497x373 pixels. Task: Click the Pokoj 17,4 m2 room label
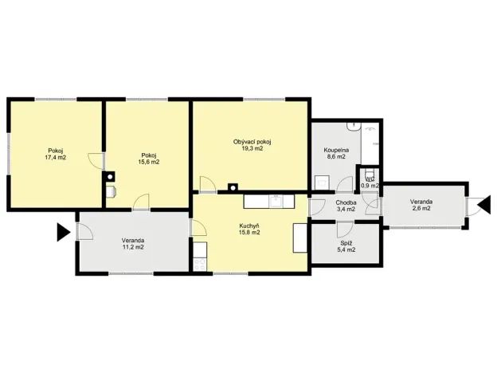pos(56,154)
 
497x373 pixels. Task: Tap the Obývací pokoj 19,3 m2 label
pos(252,145)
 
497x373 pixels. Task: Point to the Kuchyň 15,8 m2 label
pos(249,229)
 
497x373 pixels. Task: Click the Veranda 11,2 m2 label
pos(133,243)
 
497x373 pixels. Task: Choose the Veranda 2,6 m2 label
pos(421,206)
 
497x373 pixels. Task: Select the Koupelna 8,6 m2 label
pos(335,153)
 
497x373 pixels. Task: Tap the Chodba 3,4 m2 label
pos(345,206)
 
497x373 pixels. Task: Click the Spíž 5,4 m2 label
pos(346,245)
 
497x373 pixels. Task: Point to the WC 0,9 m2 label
pos(370,183)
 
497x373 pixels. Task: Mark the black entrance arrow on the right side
pos(483,206)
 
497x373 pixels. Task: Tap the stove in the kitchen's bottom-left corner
pos(199,260)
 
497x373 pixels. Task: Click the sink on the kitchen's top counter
pos(275,199)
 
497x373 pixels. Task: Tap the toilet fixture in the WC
pos(370,172)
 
